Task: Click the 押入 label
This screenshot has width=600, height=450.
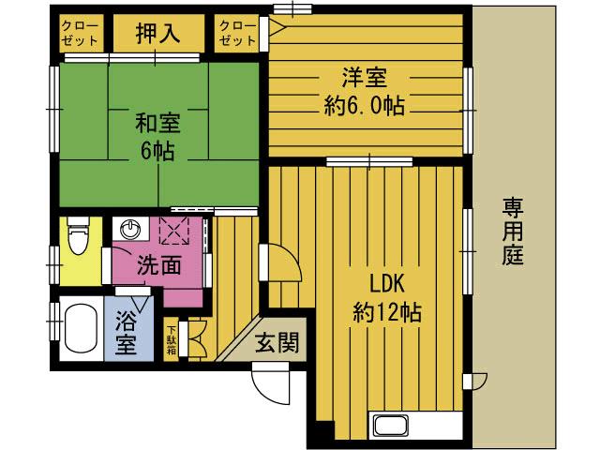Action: tap(157, 34)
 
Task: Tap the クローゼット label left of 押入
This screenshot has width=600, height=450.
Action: tap(80, 34)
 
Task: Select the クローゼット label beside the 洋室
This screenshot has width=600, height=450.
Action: tap(237, 34)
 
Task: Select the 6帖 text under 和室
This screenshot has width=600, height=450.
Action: tap(157, 152)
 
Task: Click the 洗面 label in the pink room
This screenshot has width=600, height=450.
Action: tap(158, 266)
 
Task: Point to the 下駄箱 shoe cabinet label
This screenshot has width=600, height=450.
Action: tap(172, 340)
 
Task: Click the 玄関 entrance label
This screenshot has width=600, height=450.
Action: tap(277, 344)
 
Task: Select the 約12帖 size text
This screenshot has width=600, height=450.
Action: tap(385, 311)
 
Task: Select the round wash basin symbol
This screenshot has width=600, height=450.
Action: tap(129, 229)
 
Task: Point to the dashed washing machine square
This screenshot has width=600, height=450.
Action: tap(175, 230)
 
